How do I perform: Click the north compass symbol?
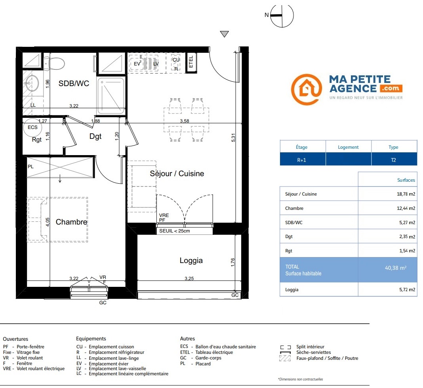(282, 16)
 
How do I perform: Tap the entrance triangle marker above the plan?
(224, 34)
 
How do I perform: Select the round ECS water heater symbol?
(32, 127)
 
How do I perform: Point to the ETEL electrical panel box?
(191, 62)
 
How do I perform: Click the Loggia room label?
(191, 261)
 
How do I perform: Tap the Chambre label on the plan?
(71, 222)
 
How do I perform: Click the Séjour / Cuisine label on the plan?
(177, 173)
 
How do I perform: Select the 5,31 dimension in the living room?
(233, 138)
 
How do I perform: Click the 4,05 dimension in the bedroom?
(48, 222)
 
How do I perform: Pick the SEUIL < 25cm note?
(175, 231)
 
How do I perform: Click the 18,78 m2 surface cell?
(406, 194)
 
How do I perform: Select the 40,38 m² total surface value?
(396, 268)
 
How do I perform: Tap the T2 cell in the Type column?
(393, 160)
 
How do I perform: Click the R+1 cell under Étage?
(301, 160)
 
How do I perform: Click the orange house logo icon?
(307, 89)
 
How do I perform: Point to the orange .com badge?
(391, 88)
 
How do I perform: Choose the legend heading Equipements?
(91, 338)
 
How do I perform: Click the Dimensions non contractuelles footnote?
(301, 379)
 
